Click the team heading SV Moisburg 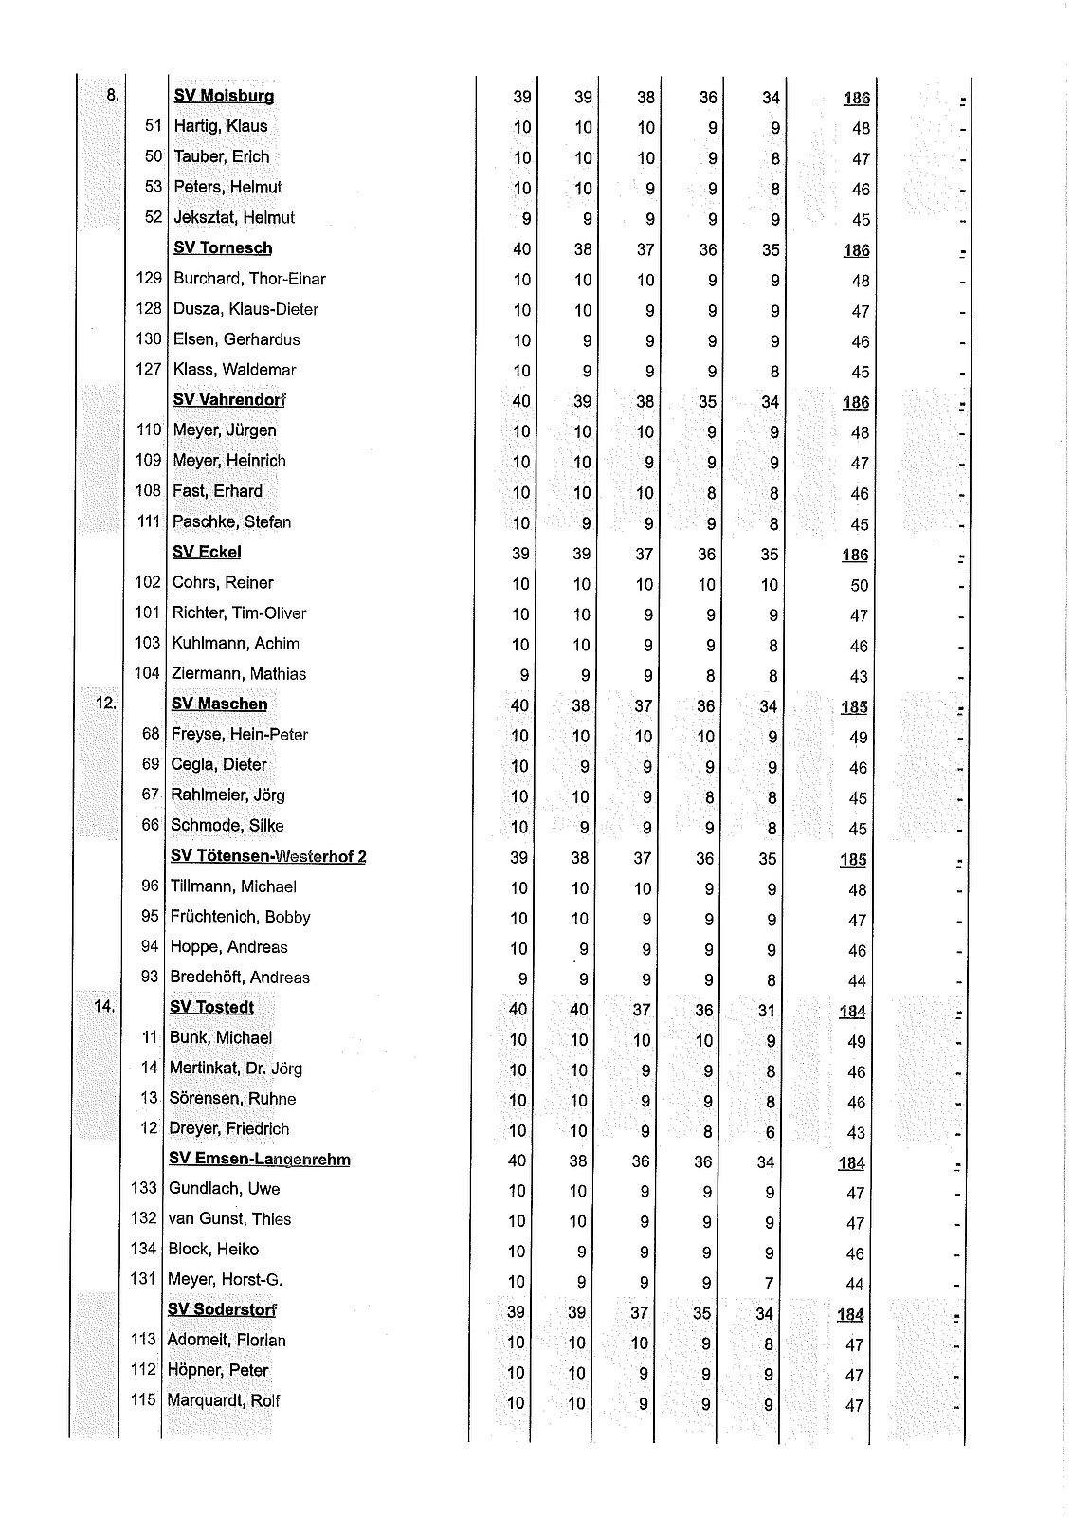[x=224, y=96]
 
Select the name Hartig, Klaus [x=220, y=126]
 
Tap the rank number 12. [x=105, y=704]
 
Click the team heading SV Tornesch [x=223, y=248]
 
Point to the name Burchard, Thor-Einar [x=249, y=279]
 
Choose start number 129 [x=149, y=279]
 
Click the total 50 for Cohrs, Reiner [x=859, y=585]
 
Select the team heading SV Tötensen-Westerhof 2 [x=268, y=856]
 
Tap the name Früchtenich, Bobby [x=240, y=917]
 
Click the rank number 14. [x=103, y=1007]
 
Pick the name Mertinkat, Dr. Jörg [x=235, y=1069]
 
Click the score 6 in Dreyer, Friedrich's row [x=770, y=1132]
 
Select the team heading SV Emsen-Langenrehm [x=259, y=1160]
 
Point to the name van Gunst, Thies [x=229, y=1219]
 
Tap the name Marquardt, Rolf [x=223, y=1401]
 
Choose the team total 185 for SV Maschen [x=853, y=707]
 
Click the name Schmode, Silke [x=227, y=826]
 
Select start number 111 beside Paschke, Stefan [x=147, y=521]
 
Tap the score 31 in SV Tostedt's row [x=766, y=1011]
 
